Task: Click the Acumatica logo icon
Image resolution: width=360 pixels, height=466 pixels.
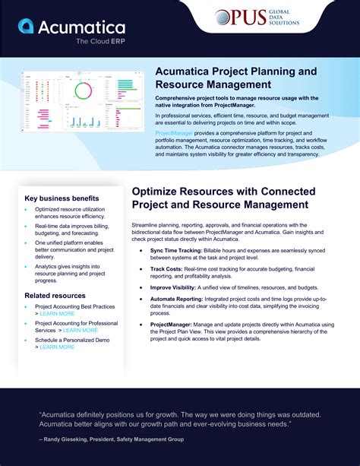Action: tap(25, 27)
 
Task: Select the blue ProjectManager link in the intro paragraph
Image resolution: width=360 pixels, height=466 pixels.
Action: tap(177, 132)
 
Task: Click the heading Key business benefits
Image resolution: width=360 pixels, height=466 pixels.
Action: tap(61, 198)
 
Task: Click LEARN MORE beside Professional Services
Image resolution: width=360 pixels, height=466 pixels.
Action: tap(81, 330)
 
